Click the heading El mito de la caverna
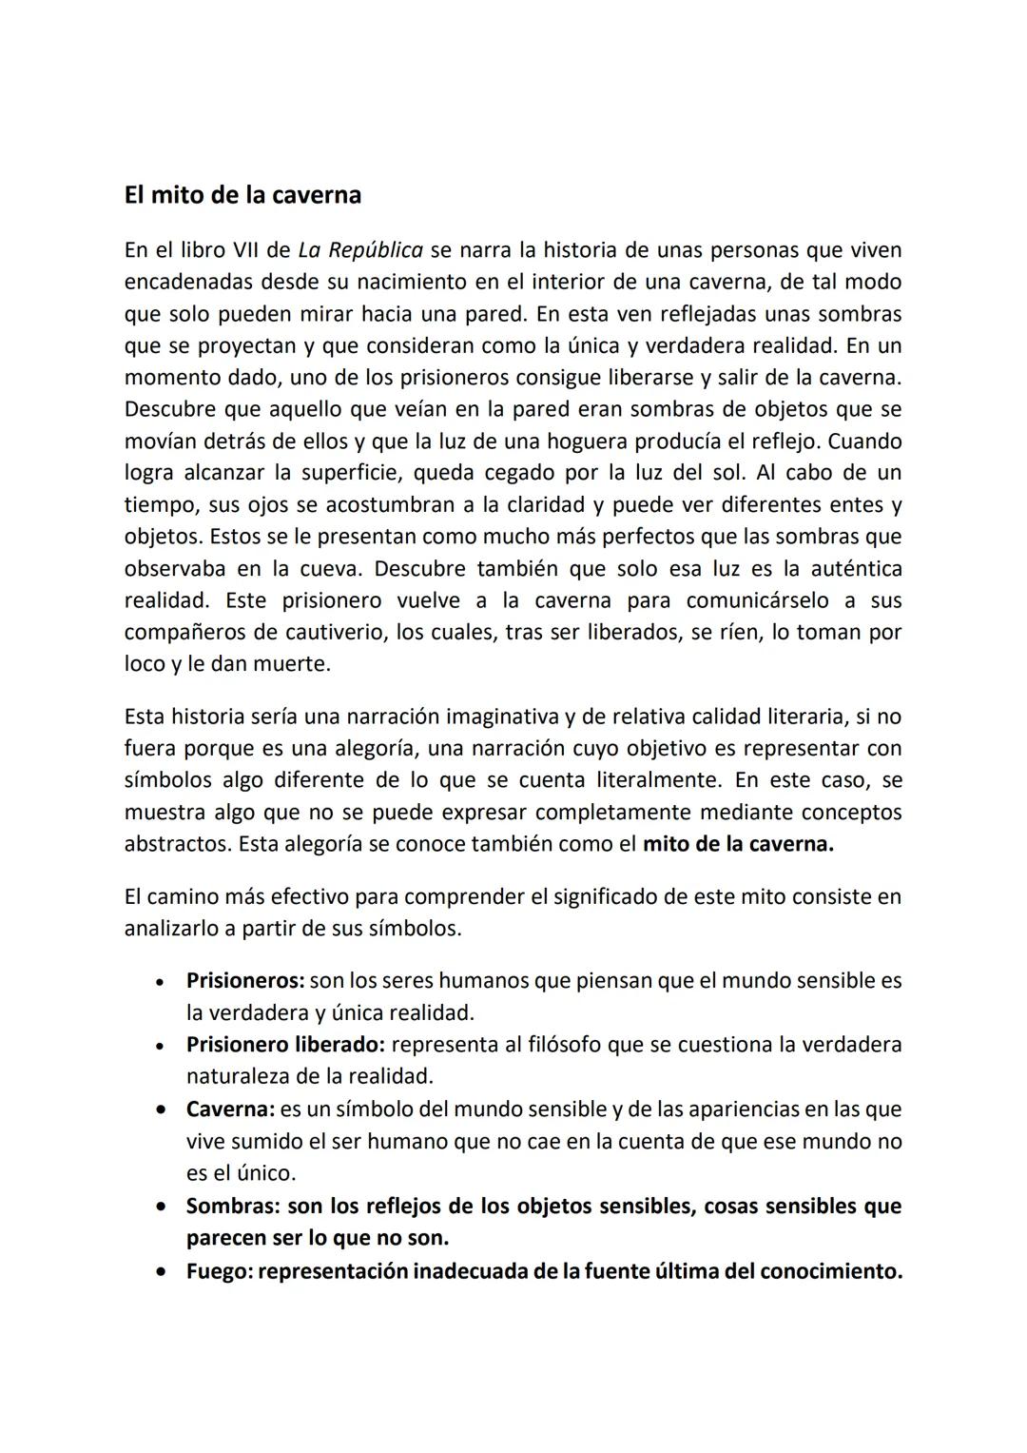[x=242, y=195]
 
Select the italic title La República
[x=360, y=250]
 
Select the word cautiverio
[x=336, y=633]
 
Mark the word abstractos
[x=177, y=845]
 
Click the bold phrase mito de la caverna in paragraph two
[x=738, y=845]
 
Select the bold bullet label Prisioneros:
[x=244, y=981]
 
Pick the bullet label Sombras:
[x=232, y=1207]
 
